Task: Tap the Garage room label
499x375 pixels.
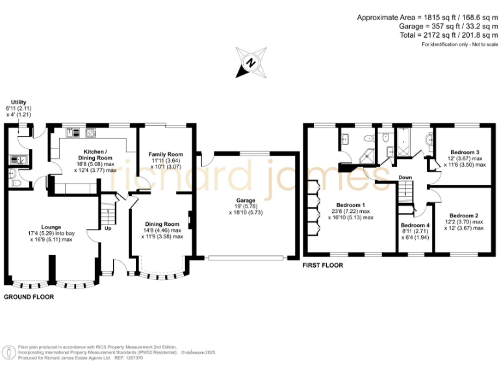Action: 245,201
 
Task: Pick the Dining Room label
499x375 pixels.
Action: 162,224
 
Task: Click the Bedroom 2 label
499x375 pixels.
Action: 464,215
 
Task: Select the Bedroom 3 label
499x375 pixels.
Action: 464,152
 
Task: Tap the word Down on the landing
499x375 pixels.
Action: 405,177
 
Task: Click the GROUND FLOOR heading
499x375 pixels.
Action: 29,296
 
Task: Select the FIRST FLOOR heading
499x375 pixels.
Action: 323,266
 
